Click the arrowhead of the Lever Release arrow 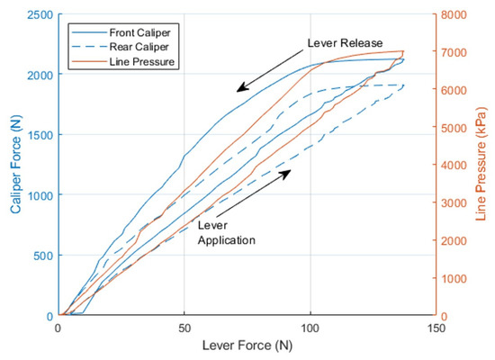coord(238,91)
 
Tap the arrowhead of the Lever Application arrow coord(291,171)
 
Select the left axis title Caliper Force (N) coord(15,164)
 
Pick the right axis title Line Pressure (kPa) coord(481,164)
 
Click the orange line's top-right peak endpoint coord(403,51)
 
